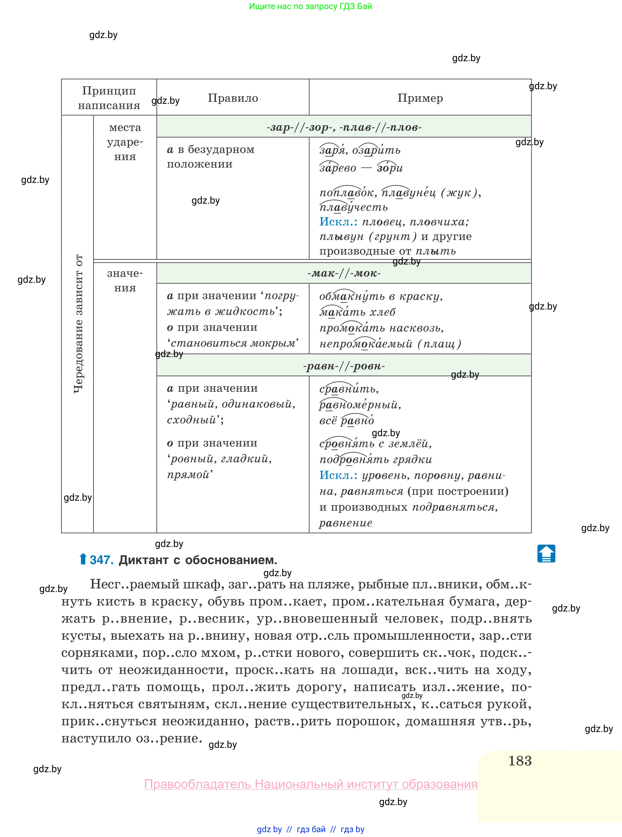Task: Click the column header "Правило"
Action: (x=233, y=98)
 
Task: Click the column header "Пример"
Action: (x=420, y=98)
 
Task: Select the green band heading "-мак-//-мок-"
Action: (x=344, y=273)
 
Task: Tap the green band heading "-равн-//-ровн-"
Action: (x=344, y=366)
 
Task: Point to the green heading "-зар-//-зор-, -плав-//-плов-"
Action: (x=344, y=127)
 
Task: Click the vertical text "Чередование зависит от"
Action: (x=78, y=324)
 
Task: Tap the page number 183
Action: (x=520, y=761)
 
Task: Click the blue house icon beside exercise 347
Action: (x=546, y=554)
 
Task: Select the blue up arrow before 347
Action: (x=83, y=559)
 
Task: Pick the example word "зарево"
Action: (x=337, y=168)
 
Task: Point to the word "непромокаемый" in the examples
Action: (x=366, y=344)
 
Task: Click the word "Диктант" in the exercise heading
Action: (x=143, y=560)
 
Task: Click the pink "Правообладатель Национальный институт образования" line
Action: (x=311, y=784)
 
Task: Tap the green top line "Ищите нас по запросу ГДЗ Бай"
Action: (x=310, y=6)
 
